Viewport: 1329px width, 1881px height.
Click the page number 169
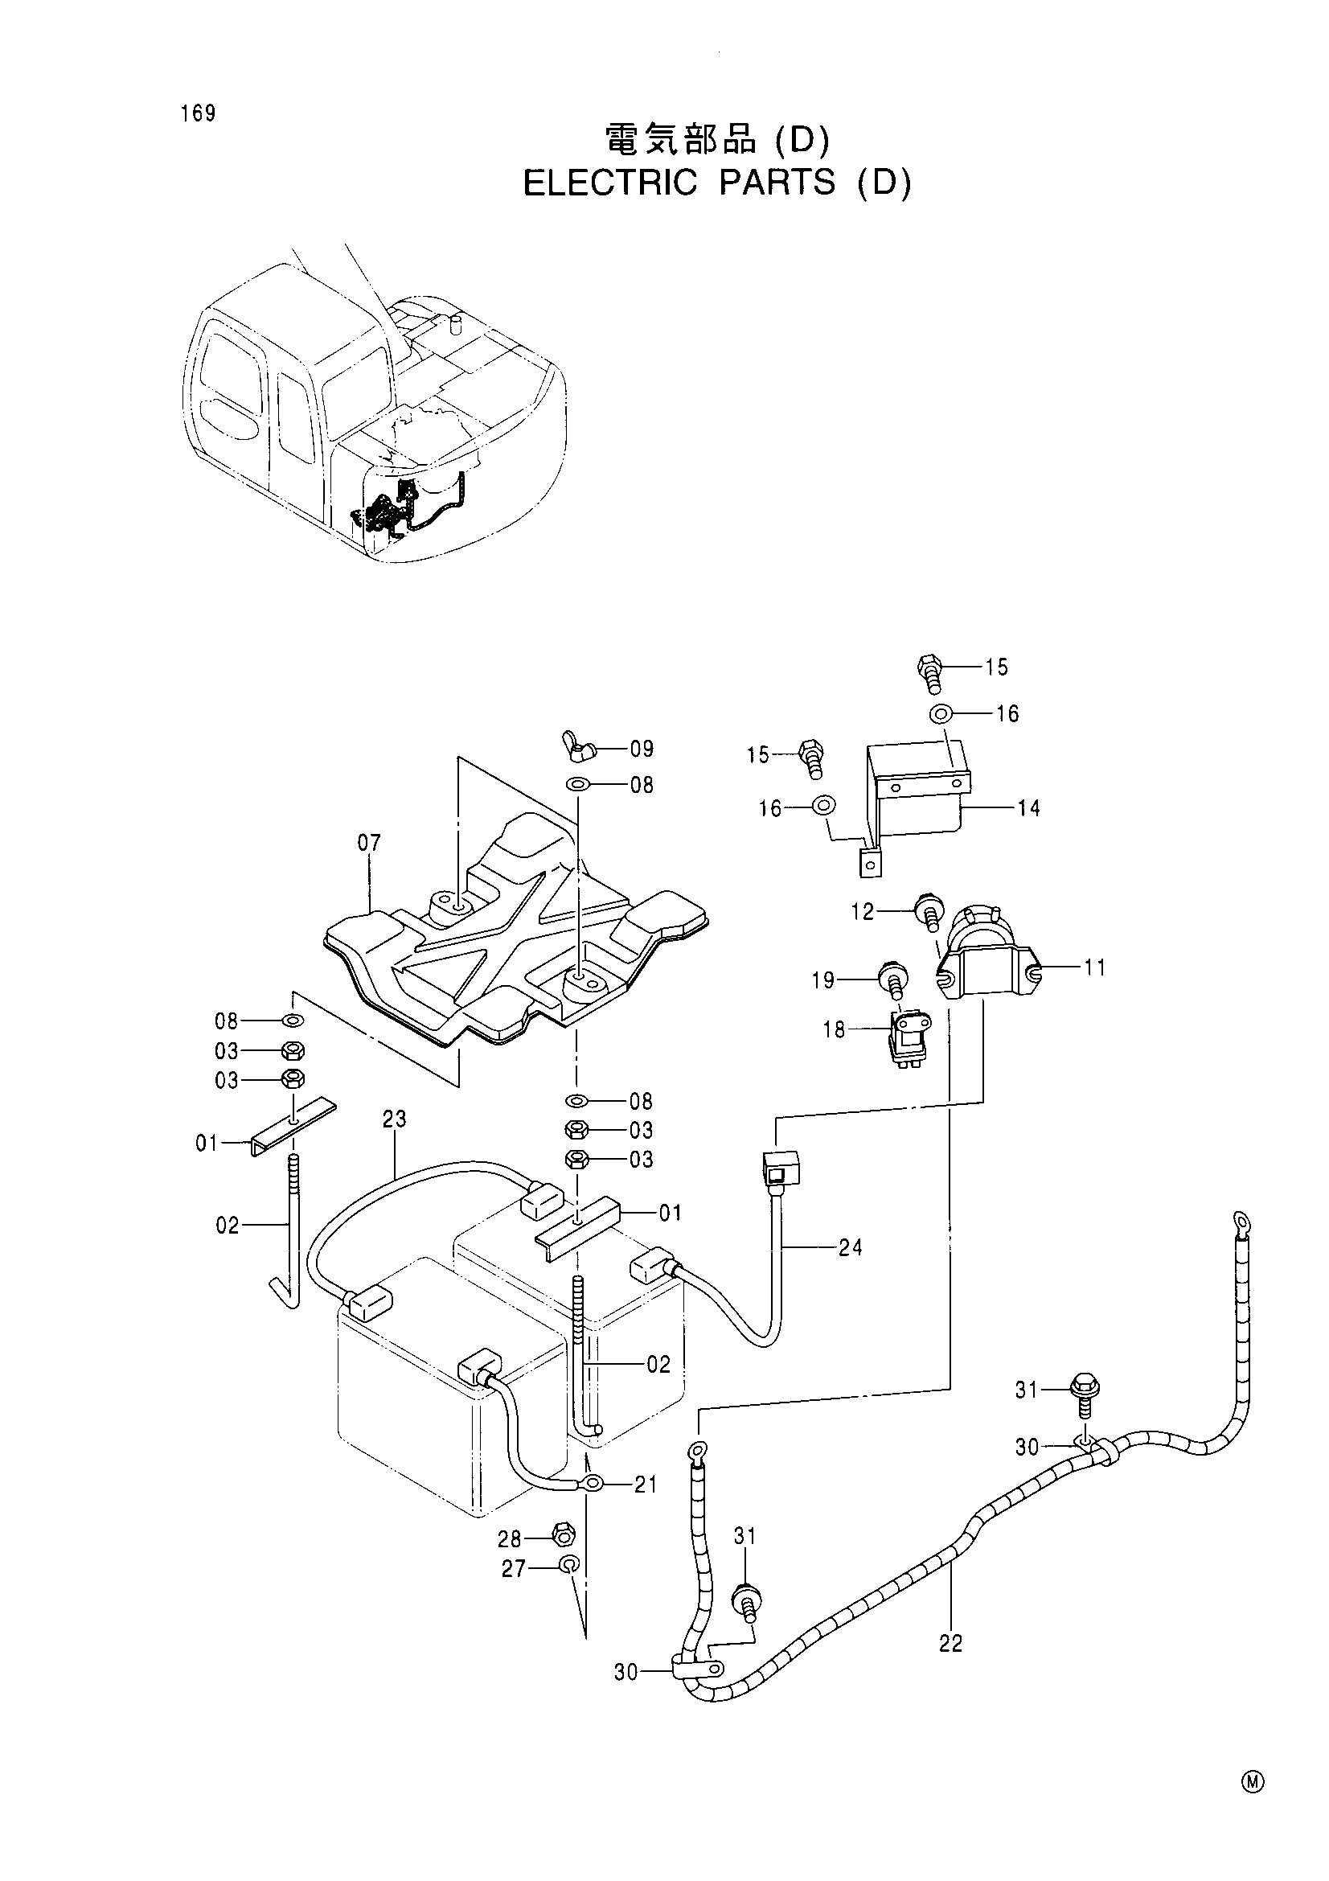(x=199, y=113)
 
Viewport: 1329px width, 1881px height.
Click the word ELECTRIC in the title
(x=610, y=183)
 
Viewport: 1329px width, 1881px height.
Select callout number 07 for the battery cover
(x=369, y=842)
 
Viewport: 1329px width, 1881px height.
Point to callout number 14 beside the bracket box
(x=1028, y=807)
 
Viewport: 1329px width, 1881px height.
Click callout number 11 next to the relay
(x=1095, y=968)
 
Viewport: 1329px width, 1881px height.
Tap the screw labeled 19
(x=890, y=977)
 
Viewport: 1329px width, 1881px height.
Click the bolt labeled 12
(x=929, y=912)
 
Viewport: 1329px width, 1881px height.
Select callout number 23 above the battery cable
(x=395, y=1119)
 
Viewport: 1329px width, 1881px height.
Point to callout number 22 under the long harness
(x=950, y=1644)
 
